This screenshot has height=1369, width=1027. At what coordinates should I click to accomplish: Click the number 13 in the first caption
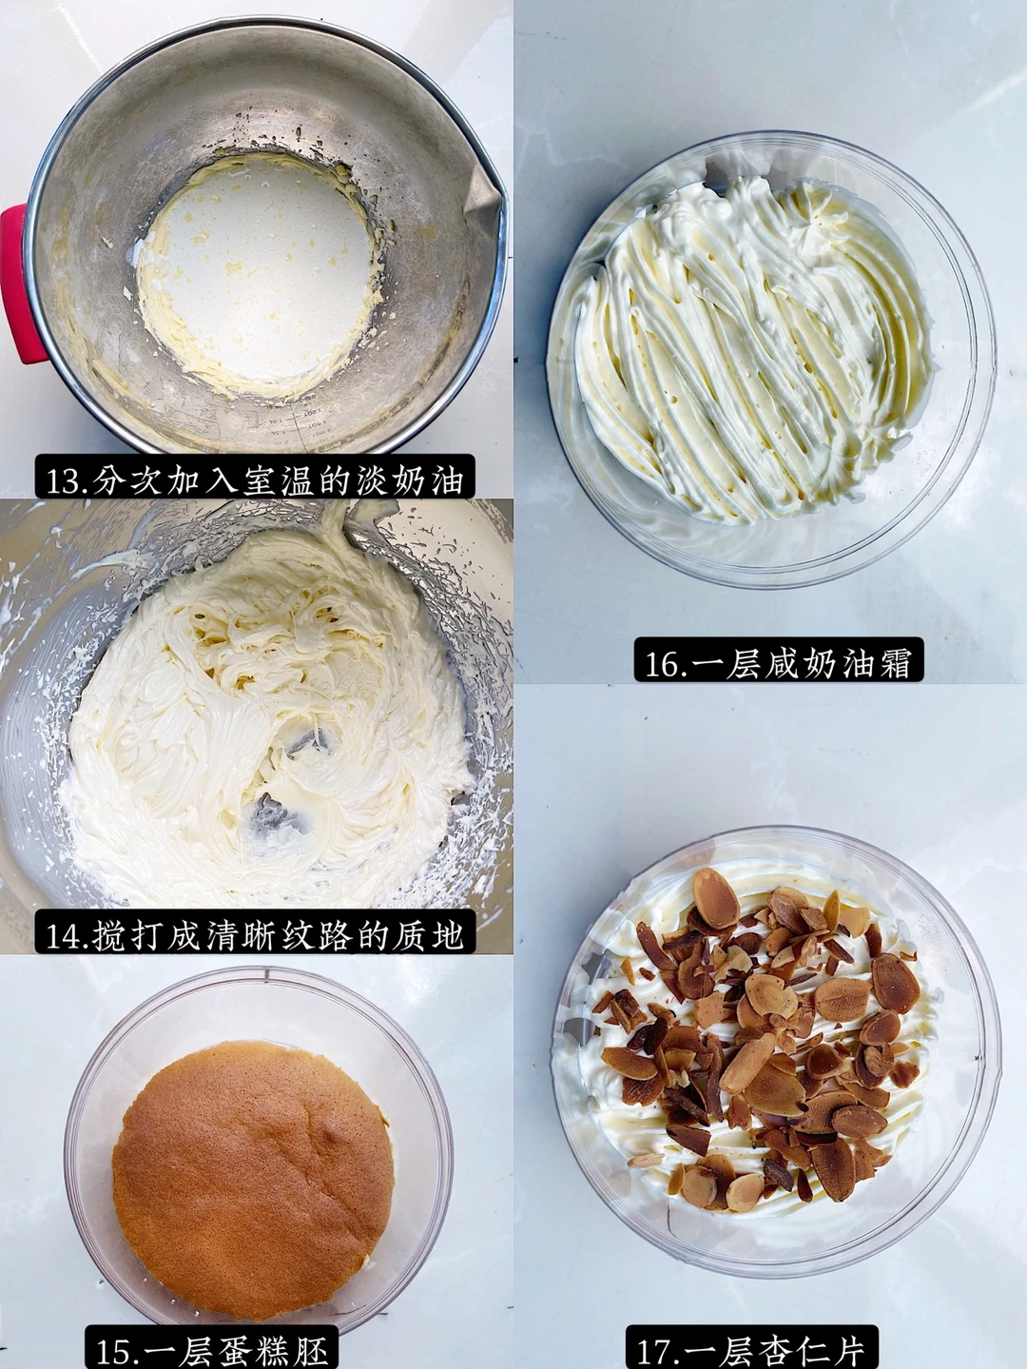(66, 481)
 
